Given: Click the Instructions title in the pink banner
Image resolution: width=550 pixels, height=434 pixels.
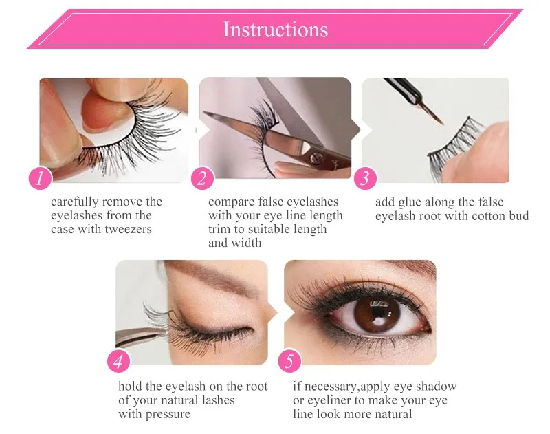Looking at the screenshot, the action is click(x=276, y=29).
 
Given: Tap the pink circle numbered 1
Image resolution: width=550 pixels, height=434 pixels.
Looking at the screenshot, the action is click(x=41, y=178).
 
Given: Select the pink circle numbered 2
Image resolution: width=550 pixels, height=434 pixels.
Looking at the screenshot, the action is click(x=202, y=178).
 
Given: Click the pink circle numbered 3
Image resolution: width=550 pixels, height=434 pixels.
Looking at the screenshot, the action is click(x=365, y=178).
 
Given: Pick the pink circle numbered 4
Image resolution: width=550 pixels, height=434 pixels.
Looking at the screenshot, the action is click(x=118, y=361).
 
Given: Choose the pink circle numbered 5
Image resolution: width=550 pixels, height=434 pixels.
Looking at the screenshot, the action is click(x=289, y=361).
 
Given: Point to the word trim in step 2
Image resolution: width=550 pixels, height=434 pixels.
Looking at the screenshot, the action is click(x=219, y=229).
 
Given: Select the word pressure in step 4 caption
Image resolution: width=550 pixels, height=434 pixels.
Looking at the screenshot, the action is click(x=168, y=414).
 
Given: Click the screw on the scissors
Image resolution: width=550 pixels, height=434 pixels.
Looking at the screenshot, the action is click(x=316, y=160).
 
